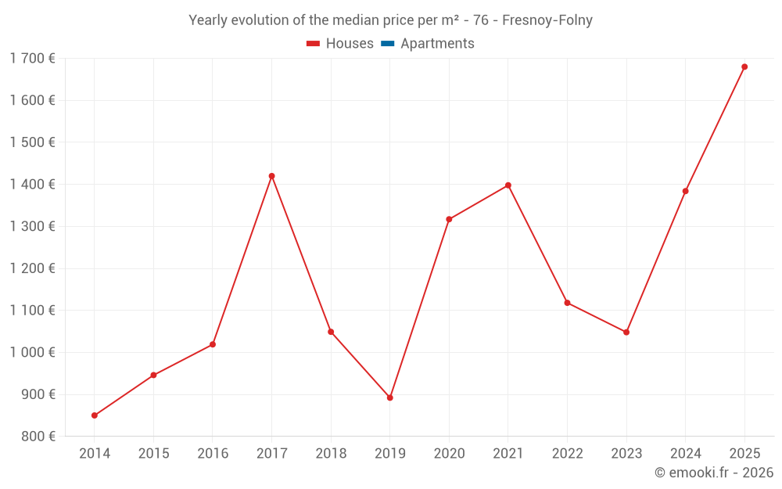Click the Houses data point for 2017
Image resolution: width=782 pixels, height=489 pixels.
[x=271, y=176]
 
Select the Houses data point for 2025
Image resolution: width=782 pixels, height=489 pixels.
[x=744, y=67]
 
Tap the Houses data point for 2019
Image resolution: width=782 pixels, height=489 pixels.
[x=390, y=397]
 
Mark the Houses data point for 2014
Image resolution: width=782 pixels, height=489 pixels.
[x=95, y=415]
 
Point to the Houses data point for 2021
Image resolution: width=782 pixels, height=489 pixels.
[x=508, y=185]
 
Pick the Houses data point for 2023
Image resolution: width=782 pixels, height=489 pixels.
[x=626, y=333]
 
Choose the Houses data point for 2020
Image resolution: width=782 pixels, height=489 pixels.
[x=449, y=219]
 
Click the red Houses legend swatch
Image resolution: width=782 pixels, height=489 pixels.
[x=314, y=44]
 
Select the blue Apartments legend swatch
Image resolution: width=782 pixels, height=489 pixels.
[x=388, y=44]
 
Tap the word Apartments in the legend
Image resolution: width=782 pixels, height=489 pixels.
[x=437, y=44]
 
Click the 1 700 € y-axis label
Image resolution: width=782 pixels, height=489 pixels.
[x=33, y=58]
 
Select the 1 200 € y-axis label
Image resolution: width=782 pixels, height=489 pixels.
[x=33, y=268]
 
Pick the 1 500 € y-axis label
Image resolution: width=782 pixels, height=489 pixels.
[x=33, y=142]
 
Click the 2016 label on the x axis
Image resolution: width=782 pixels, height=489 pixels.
[x=213, y=453]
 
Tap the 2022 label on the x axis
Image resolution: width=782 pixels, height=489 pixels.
[x=568, y=453]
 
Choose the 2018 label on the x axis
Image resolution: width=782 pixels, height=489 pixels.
[x=331, y=453]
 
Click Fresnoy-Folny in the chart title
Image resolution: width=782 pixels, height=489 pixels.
[x=547, y=20]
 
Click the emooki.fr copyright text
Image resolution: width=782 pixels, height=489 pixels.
[x=714, y=473]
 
